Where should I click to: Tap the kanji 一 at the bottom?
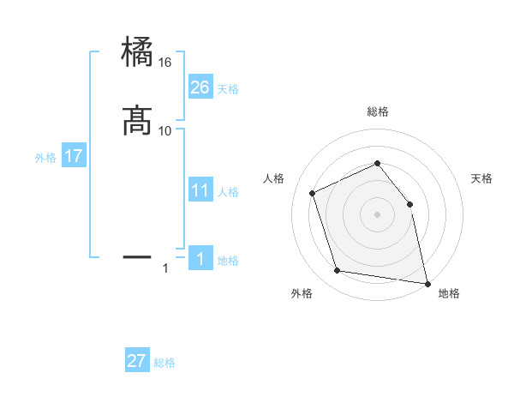[x=138, y=256]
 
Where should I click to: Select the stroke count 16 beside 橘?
[x=165, y=63]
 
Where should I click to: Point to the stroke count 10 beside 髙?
[x=165, y=130]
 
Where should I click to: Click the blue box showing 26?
[x=200, y=87]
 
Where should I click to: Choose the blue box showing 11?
[x=200, y=190]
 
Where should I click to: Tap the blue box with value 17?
[x=74, y=157]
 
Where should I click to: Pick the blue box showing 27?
[x=137, y=361]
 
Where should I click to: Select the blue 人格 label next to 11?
[x=229, y=192]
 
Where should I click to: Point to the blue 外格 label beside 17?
[x=45, y=158]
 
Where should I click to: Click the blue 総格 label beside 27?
[x=164, y=363]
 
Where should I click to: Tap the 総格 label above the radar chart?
[x=377, y=111]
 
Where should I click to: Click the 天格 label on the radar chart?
[x=482, y=178]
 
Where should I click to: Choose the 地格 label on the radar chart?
[x=449, y=293]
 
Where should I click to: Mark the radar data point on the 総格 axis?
[x=377, y=163]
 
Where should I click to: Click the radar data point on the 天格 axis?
[x=409, y=204]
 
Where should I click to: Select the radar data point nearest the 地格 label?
[x=427, y=283]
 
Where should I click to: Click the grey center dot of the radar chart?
[x=377, y=214]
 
